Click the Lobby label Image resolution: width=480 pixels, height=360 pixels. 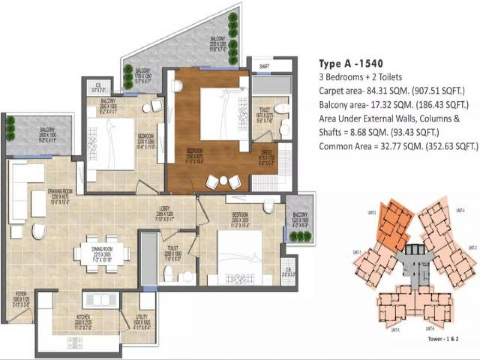(164, 210)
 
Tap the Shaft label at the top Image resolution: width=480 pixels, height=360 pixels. (264, 66)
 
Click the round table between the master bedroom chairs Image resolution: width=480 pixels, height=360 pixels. (224, 181)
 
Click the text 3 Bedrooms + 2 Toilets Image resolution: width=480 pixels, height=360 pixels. (360, 77)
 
